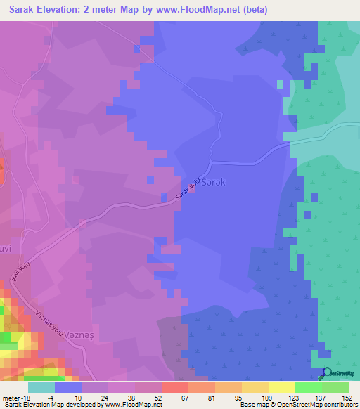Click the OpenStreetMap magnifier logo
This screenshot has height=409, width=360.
pos(326,373)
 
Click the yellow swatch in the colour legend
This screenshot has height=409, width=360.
pos(281,387)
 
